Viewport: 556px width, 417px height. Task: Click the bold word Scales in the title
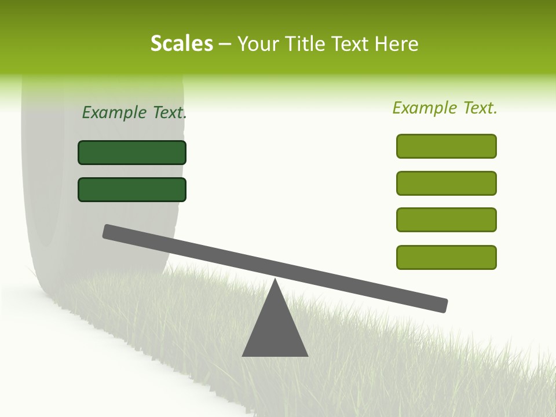pyautogui.click(x=181, y=43)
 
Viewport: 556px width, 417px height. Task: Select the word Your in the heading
pyautogui.click(x=258, y=43)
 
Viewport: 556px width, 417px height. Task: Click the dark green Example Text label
pyautogui.click(x=134, y=112)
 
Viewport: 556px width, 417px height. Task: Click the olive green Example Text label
pyautogui.click(x=445, y=108)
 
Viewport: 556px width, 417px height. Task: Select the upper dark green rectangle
pyautogui.click(x=132, y=152)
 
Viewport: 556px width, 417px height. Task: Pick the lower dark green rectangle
pyautogui.click(x=132, y=189)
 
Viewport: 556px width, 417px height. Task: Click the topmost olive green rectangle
pyautogui.click(x=446, y=146)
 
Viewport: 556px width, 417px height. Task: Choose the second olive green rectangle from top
pyautogui.click(x=446, y=183)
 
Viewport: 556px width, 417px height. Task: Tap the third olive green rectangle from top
pyautogui.click(x=446, y=220)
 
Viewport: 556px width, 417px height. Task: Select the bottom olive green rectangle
pyautogui.click(x=446, y=257)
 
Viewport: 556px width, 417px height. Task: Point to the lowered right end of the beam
pyautogui.click(x=442, y=305)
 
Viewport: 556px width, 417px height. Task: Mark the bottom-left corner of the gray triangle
pyautogui.click(x=243, y=355)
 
